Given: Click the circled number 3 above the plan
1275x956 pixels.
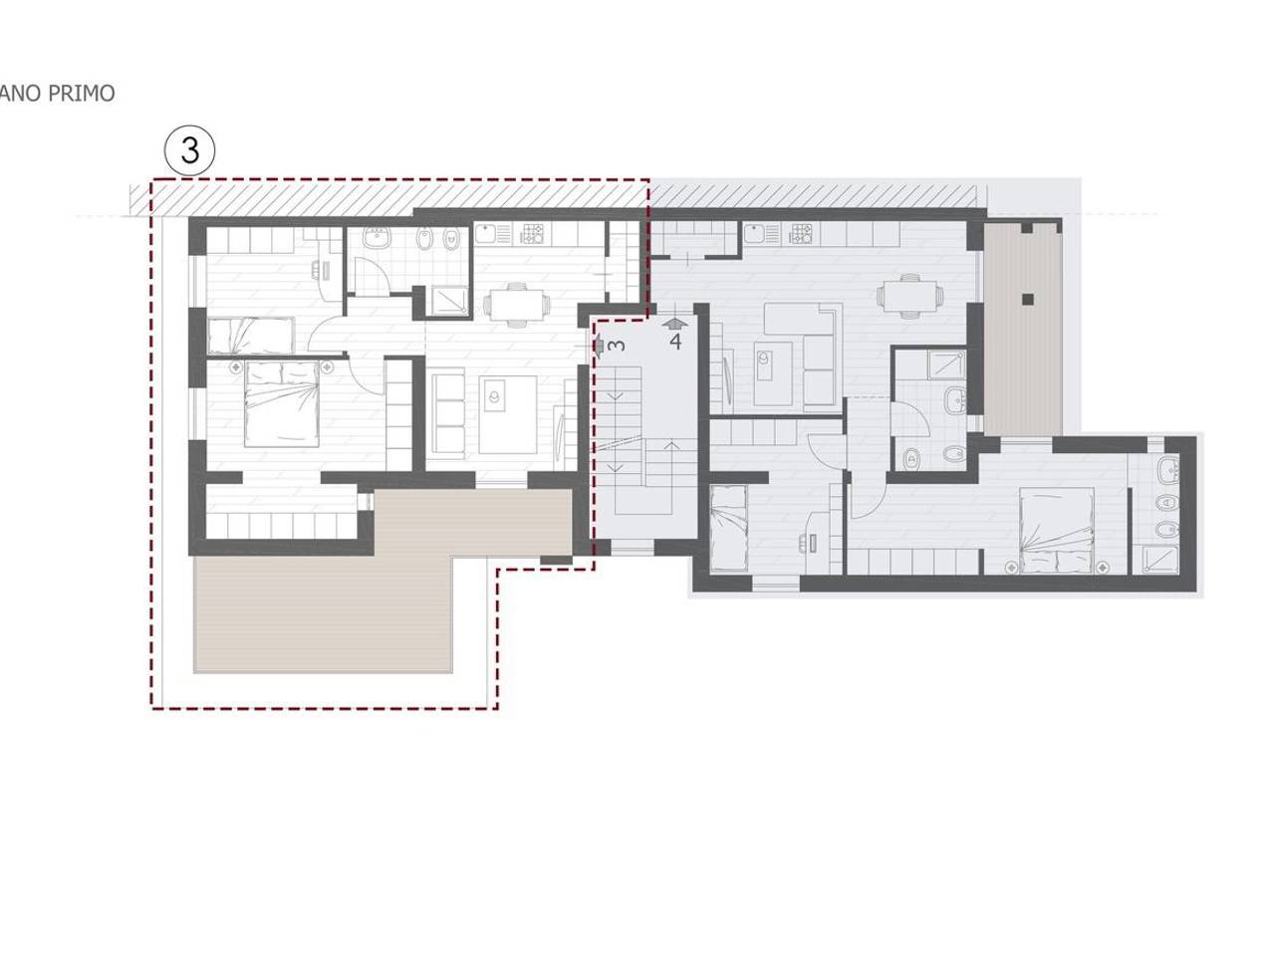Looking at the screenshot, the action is point(190,151).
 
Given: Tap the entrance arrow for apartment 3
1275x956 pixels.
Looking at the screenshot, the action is point(598,346).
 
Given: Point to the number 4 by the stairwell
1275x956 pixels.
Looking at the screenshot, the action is point(675,342).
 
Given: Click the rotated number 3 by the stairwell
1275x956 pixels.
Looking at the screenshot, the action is point(617,345).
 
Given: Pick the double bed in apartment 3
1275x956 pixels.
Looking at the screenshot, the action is point(282,403).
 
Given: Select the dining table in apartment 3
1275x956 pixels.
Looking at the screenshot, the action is point(516,304).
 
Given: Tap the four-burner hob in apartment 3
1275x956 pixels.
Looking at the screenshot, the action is point(532,233).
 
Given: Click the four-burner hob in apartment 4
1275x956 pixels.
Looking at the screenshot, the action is point(801,233).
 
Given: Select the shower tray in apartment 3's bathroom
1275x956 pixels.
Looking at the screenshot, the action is point(446,302).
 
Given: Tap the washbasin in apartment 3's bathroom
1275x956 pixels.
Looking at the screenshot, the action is point(377,238).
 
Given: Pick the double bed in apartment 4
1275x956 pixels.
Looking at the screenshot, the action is point(1057,531).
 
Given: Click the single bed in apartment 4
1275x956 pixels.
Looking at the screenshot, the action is point(729,529).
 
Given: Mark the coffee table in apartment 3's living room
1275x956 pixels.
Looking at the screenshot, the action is point(507,414).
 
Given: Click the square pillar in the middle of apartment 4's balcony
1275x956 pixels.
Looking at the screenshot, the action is point(1028,300).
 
